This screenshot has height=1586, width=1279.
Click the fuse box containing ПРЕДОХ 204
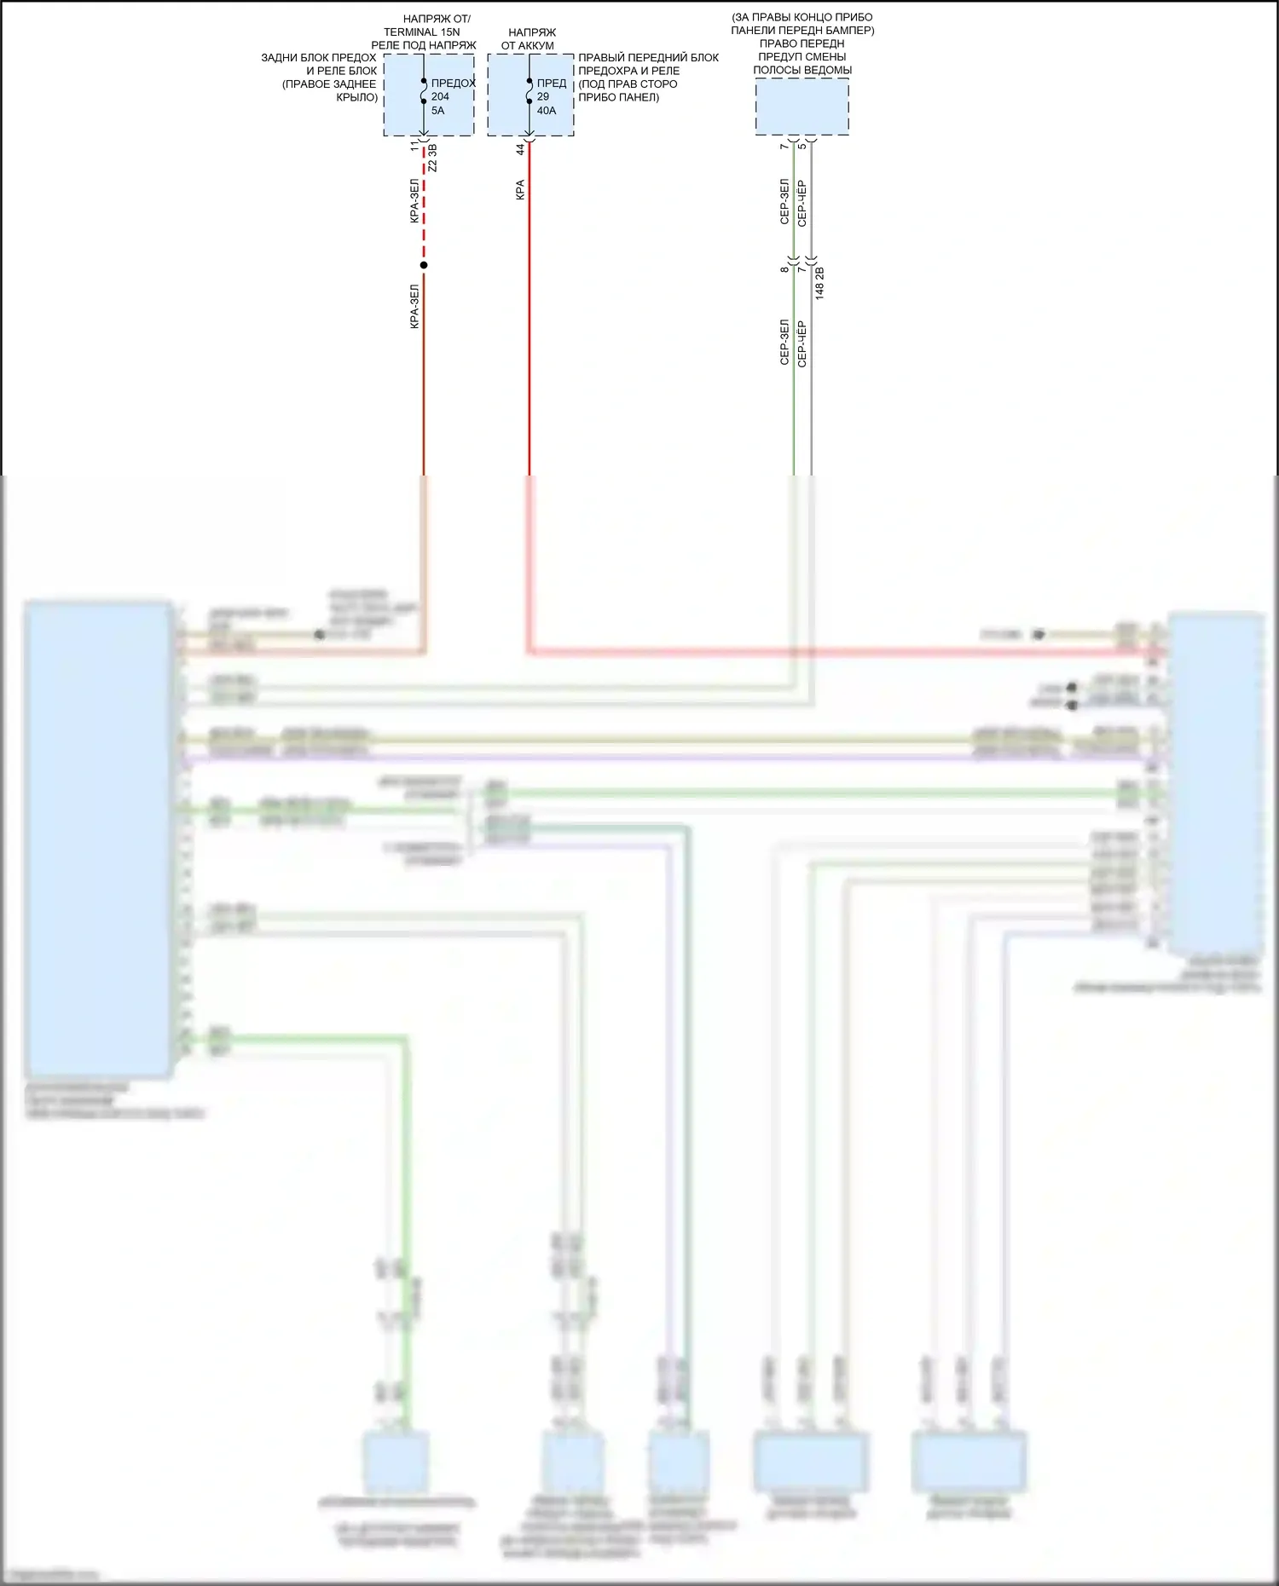pos(428,95)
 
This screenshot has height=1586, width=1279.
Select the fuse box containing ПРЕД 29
pos(530,95)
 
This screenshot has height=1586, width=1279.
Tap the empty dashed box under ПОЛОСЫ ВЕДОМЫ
pos(802,107)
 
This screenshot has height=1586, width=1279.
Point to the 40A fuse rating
pos(546,111)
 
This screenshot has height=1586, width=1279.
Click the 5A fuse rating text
pos(437,111)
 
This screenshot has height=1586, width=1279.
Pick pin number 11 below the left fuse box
pos(415,147)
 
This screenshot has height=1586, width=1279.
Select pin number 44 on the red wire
pos(520,148)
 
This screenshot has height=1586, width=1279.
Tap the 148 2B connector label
pos(819,283)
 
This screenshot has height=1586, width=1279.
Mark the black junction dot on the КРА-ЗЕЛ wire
pos(424,265)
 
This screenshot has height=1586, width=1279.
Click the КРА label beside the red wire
pos(520,190)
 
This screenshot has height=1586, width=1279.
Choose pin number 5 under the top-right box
pos(802,146)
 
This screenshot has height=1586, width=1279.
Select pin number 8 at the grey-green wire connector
pos(784,269)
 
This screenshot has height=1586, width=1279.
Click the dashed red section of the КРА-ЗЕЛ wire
pos(424,205)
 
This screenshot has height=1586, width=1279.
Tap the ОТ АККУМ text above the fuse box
pos(527,45)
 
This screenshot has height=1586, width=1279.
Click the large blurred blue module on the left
pos(97,839)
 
